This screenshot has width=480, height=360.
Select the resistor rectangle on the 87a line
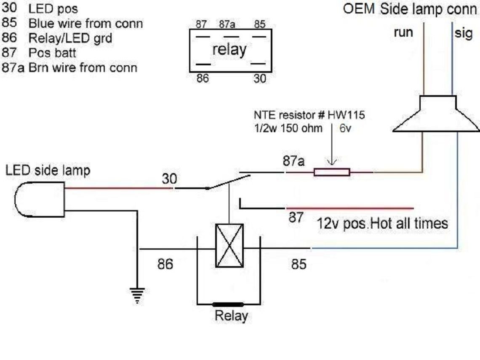click(x=332, y=172)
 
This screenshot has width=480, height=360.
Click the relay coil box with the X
click(x=229, y=245)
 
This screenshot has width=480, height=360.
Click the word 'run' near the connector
click(x=403, y=33)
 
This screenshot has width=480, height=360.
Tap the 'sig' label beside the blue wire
click(x=463, y=33)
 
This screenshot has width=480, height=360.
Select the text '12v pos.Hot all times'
click(x=382, y=223)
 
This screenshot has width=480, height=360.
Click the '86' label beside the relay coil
click(x=165, y=265)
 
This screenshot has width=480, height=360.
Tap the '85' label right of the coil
click(x=299, y=265)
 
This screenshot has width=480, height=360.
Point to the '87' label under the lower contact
click(x=296, y=218)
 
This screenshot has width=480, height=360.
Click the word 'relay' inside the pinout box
click(x=229, y=50)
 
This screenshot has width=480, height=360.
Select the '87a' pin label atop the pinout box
click(x=227, y=24)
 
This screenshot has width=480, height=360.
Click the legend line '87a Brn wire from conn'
click(x=69, y=67)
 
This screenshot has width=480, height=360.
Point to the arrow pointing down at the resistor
click(x=332, y=152)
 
